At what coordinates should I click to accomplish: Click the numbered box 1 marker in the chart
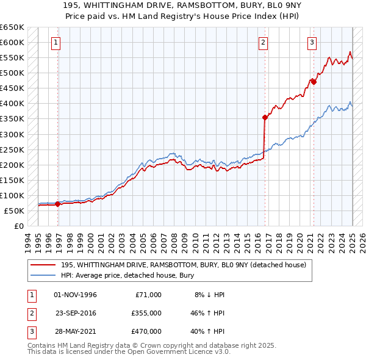56,43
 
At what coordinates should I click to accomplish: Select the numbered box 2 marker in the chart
263,43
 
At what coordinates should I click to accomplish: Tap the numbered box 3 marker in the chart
312,43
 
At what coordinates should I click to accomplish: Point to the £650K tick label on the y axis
12,27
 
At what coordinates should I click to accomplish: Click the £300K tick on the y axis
12,134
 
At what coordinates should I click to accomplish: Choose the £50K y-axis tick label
15,211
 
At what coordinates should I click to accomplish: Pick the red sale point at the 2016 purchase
265,117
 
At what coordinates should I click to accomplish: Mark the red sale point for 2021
314,82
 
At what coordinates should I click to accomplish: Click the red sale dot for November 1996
57,204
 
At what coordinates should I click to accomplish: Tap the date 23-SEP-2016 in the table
76,313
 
